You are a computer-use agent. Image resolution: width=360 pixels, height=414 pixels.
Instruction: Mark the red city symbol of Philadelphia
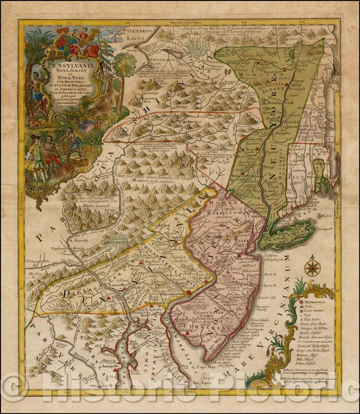click(x=190, y=293)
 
